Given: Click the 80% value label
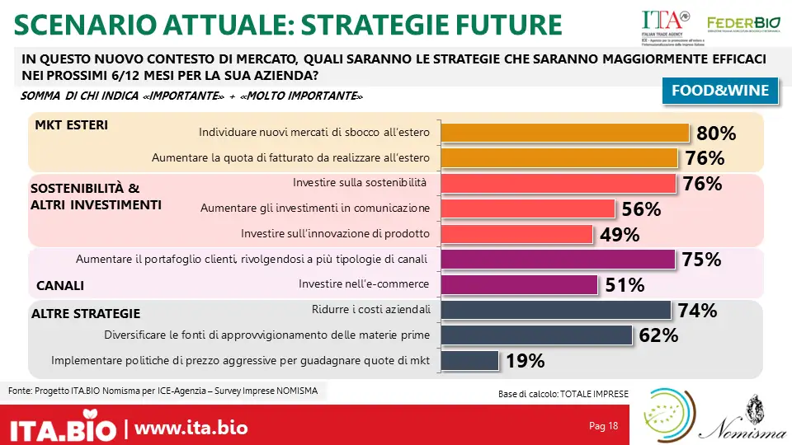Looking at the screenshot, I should click(x=716, y=133).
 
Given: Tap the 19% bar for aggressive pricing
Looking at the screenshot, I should click(x=470, y=361).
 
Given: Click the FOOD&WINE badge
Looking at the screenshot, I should click(x=720, y=91).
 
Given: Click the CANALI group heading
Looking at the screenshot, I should click(x=61, y=287).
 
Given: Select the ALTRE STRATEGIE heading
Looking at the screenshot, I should click(x=86, y=314).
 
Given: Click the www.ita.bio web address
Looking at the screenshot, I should click(x=191, y=429).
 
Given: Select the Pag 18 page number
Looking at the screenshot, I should click(x=603, y=426).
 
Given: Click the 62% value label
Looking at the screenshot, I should click(x=658, y=335).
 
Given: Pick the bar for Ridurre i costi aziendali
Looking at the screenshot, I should click(x=557, y=310).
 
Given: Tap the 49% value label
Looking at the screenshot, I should click(x=620, y=235).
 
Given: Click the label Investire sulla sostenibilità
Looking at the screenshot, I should click(x=360, y=182).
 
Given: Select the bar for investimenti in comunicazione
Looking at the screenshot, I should click(x=529, y=208).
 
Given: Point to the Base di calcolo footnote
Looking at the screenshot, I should click(x=563, y=395).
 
